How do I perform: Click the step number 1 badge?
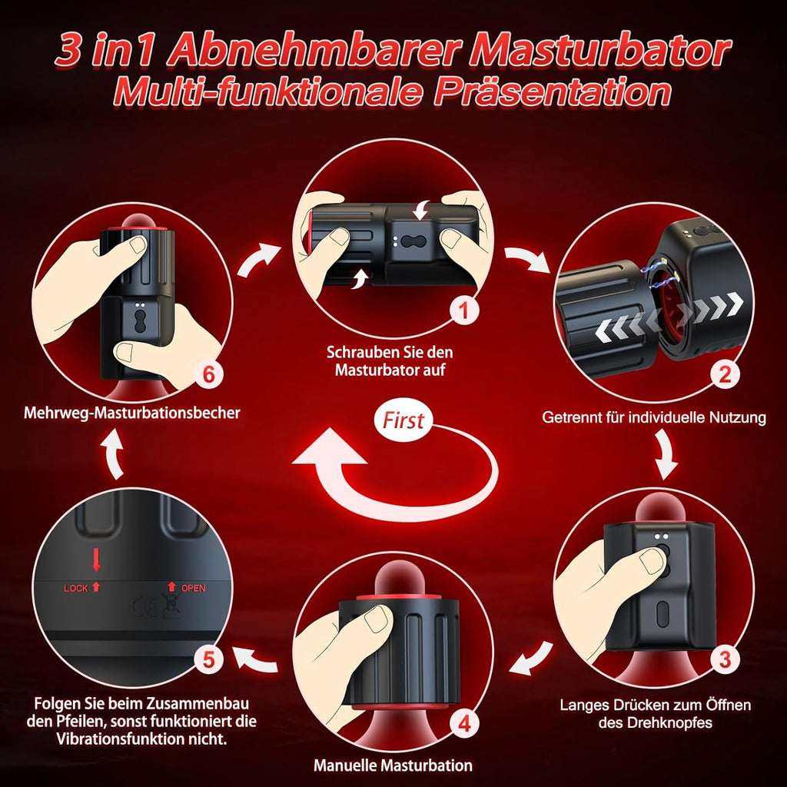[462, 311]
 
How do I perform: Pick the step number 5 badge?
[209, 659]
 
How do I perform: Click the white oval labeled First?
[403, 420]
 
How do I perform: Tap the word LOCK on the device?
[77, 588]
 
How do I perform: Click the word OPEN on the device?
[193, 589]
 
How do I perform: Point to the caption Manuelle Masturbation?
[393, 765]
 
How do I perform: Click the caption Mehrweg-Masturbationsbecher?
[131, 413]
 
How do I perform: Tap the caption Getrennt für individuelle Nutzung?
[654, 418]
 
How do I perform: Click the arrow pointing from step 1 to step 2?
[527, 259]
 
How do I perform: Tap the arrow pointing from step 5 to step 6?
[115, 453]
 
